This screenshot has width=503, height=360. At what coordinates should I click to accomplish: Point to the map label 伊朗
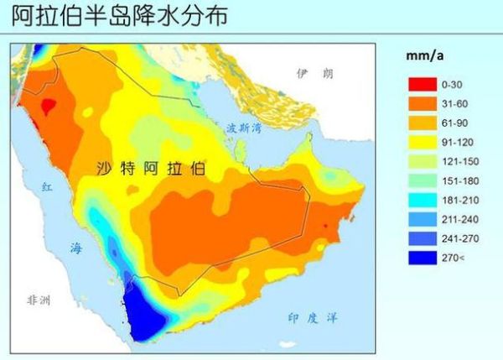[314, 74]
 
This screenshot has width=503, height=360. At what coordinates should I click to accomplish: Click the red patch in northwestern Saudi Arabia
[48, 107]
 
